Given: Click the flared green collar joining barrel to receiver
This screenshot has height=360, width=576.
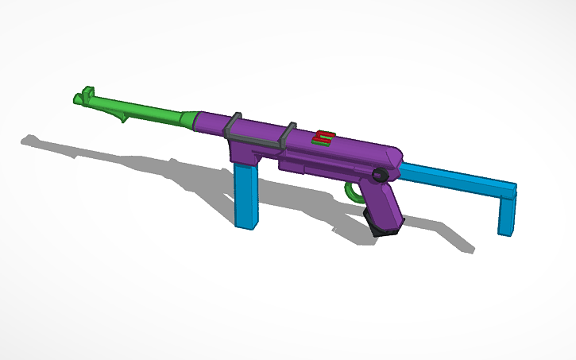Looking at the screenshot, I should [x=187, y=119].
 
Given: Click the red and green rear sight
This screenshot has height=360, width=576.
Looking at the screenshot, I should [x=323, y=137].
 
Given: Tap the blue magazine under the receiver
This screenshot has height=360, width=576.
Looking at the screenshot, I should [x=246, y=194].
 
